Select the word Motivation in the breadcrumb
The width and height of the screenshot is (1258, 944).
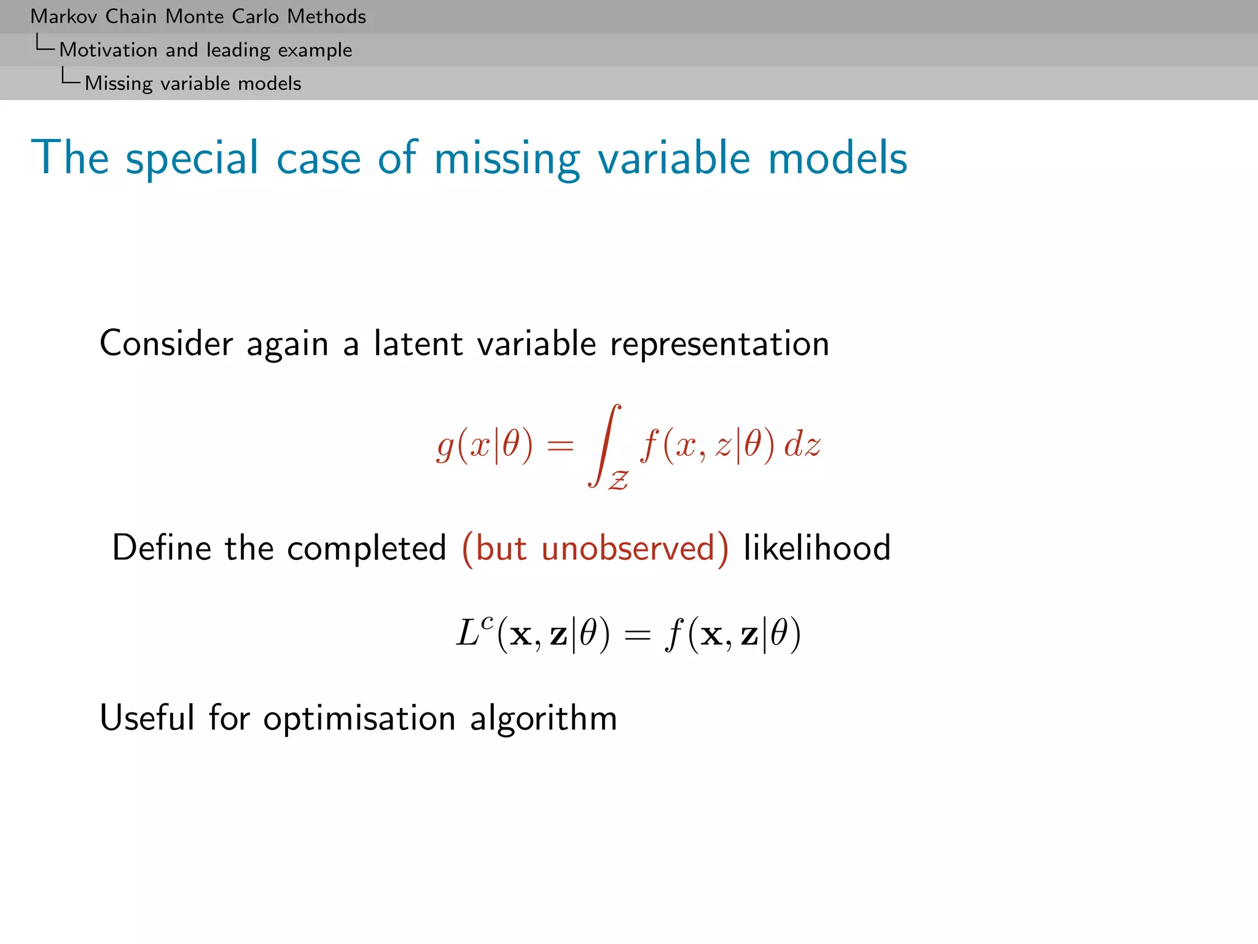pos(108,50)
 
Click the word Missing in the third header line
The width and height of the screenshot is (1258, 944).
pos(118,83)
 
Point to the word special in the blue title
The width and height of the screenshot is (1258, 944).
pos(192,159)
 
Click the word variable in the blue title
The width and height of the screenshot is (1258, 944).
pos(674,159)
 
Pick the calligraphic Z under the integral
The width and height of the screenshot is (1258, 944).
pos(619,479)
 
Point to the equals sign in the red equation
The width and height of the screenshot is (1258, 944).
pos(560,445)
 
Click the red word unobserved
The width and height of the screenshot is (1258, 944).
pos(628,548)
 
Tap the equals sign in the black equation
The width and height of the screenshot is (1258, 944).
pos(637,635)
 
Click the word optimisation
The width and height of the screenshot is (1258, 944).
pos(359,718)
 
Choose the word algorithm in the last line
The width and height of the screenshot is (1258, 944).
pos(543,718)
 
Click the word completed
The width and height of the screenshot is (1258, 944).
pos(366,548)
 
